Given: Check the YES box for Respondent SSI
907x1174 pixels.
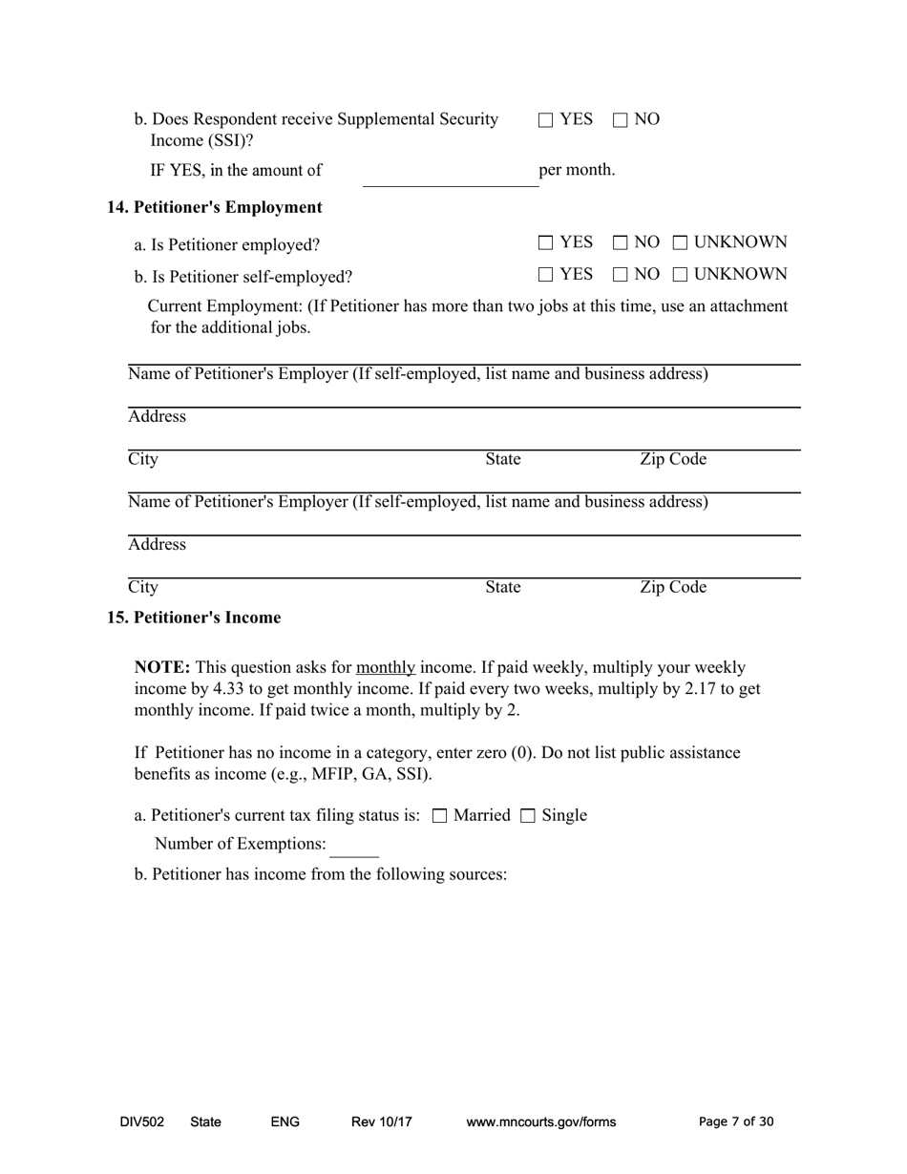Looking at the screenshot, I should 546,120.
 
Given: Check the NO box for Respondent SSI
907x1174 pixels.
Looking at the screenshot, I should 621,120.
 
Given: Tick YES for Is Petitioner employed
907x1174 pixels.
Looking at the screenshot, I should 546,243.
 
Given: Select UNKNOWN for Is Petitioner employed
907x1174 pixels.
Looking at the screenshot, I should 680,243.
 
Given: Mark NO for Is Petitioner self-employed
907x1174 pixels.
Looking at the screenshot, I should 621,276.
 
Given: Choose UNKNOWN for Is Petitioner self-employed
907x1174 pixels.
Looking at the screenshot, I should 680,276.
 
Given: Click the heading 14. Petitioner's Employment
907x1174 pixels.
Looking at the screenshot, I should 215,207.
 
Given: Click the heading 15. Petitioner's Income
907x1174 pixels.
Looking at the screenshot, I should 194,618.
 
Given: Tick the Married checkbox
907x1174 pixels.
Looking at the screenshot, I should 440,816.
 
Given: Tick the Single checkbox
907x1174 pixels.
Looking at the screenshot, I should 528,816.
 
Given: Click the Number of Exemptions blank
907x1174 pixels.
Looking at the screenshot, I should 353,847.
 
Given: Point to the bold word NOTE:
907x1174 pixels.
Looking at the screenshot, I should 162,667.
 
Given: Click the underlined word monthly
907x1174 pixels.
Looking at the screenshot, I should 386,667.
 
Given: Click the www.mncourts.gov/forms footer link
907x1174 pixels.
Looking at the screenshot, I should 541,1122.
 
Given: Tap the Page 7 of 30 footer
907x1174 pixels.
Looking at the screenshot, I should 736,1122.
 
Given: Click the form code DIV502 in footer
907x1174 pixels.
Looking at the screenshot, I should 142,1122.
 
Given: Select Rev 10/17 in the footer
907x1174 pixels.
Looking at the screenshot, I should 382,1122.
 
